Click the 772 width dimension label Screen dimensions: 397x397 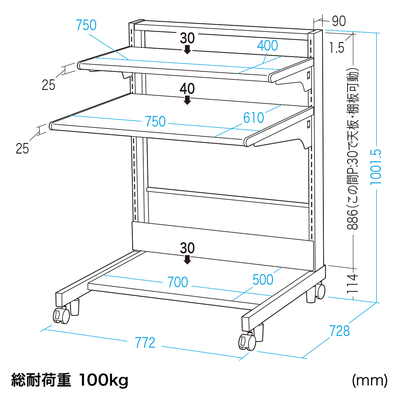[x=145, y=343]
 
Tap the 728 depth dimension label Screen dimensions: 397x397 [x=340, y=331]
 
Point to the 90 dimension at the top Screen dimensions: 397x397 [x=339, y=21]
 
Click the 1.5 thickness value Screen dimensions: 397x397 [x=337, y=48]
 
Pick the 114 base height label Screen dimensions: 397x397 [x=352, y=283]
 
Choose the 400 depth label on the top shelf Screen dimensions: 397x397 [x=267, y=46]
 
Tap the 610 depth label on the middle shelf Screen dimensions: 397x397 [x=253, y=118]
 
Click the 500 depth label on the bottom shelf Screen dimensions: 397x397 [x=263, y=279]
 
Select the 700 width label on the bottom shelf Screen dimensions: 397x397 [x=177, y=282]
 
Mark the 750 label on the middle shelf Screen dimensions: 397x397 [x=155, y=122]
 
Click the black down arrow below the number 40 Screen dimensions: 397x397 [x=187, y=100]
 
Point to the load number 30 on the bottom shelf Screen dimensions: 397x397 [x=187, y=248]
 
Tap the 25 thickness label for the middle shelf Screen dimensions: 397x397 [x=22, y=149]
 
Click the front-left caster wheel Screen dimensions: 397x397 [x=61, y=315]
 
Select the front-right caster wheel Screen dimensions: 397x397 [x=247, y=342]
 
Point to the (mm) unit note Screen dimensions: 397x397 [x=370, y=380]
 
